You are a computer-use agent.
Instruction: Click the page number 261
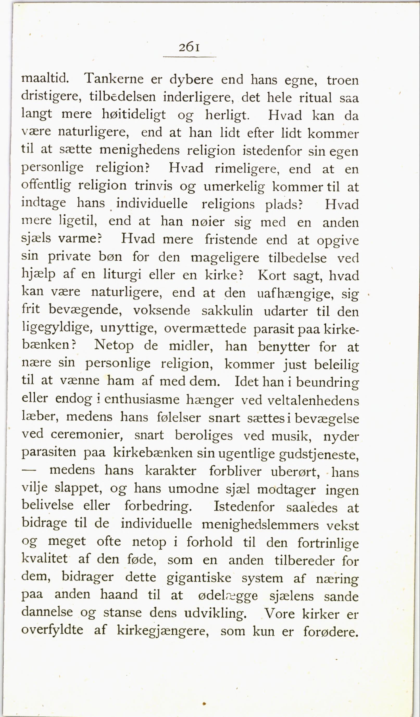(x=189, y=47)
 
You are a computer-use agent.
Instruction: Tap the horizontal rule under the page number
(x=189, y=57)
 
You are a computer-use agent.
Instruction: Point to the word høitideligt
(x=134, y=115)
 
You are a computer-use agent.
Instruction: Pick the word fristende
(x=231, y=240)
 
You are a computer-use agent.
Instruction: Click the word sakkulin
(x=227, y=311)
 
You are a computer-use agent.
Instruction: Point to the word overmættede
(x=205, y=329)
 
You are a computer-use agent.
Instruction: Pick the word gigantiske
(x=199, y=578)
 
